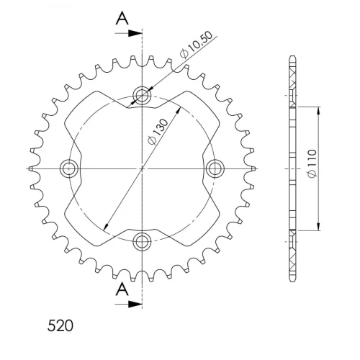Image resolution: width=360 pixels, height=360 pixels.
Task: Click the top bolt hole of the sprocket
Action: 143,95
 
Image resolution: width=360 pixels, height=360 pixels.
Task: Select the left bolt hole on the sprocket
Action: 69,168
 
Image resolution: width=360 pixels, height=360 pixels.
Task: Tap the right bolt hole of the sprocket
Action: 215,168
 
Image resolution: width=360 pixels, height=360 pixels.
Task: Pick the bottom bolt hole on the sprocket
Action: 143,241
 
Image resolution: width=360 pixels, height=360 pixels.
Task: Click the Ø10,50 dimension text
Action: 197,45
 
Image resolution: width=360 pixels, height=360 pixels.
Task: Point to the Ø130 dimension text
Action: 158,132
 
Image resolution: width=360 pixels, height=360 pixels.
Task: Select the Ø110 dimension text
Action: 312,163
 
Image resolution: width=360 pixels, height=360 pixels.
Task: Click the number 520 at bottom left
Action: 60,325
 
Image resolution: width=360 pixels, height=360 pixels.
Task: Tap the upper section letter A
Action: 122,19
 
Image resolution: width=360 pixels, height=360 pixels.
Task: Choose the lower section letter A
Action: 122,289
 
